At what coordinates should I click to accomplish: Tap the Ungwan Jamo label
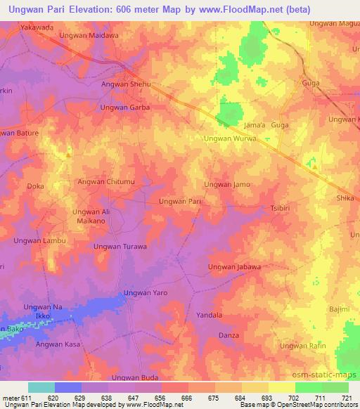[226, 184]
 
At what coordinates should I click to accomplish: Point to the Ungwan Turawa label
[120, 247]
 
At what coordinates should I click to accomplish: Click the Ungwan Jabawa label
[235, 267]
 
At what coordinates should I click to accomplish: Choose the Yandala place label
[209, 316]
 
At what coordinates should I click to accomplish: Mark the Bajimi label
[339, 309]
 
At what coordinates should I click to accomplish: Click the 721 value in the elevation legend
[345, 397]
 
